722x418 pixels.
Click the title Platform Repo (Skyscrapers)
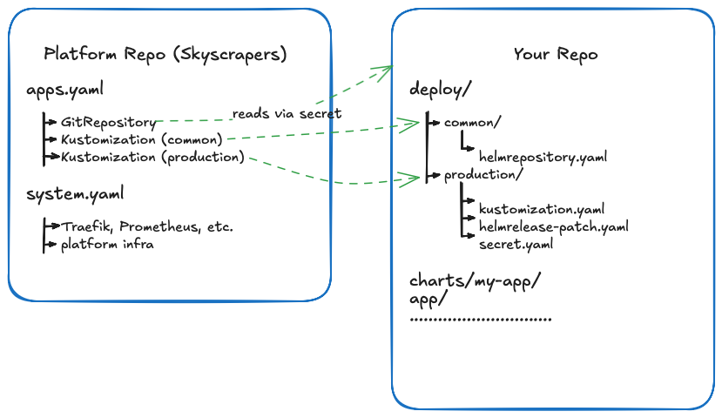pyautogui.click(x=165, y=54)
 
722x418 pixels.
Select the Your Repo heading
pyautogui.click(x=555, y=54)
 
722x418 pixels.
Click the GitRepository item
pyautogui.click(x=109, y=122)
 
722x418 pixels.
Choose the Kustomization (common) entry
pyautogui.click(x=142, y=139)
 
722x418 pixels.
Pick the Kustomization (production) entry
pyautogui.click(x=152, y=157)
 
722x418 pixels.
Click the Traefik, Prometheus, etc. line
pyautogui.click(x=146, y=226)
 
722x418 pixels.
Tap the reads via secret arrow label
pyautogui.click(x=287, y=114)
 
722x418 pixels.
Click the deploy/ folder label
pyautogui.click(x=441, y=90)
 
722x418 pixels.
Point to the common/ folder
pyautogui.click(x=472, y=123)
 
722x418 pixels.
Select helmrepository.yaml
pyautogui.click(x=543, y=158)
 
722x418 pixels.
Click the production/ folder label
pyautogui.click(x=483, y=175)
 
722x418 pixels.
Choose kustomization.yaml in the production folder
pyautogui.click(x=542, y=210)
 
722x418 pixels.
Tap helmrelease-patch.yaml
pyautogui.click(x=553, y=227)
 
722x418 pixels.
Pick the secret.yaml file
pyautogui.click(x=516, y=245)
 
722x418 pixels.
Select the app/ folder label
pyautogui.click(x=428, y=299)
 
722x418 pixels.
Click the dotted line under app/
pyautogui.click(x=480, y=320)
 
